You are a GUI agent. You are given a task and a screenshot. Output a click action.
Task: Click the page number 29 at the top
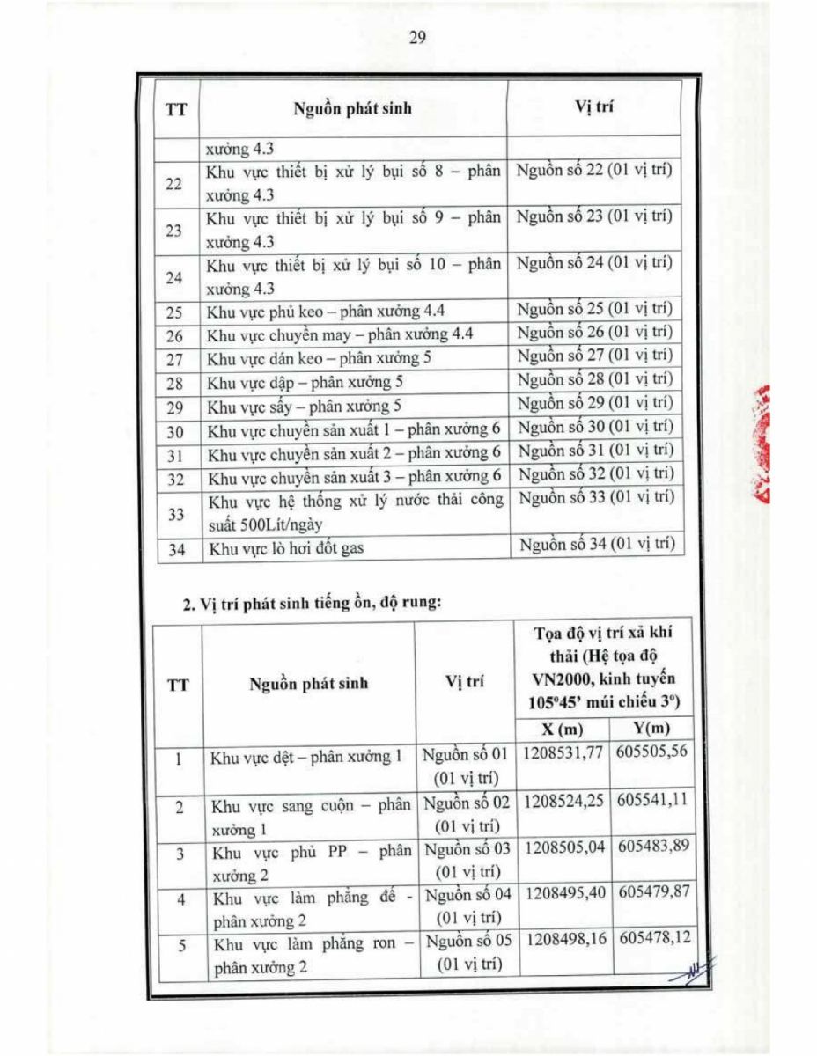417,37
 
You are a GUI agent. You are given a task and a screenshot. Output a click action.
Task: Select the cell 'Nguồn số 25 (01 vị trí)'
594,309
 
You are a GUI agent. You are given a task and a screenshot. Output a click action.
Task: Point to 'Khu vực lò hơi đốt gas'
285,550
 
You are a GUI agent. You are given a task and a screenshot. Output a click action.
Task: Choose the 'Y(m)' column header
651,730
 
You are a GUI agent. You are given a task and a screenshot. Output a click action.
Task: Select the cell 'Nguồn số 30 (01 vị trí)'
595,427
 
